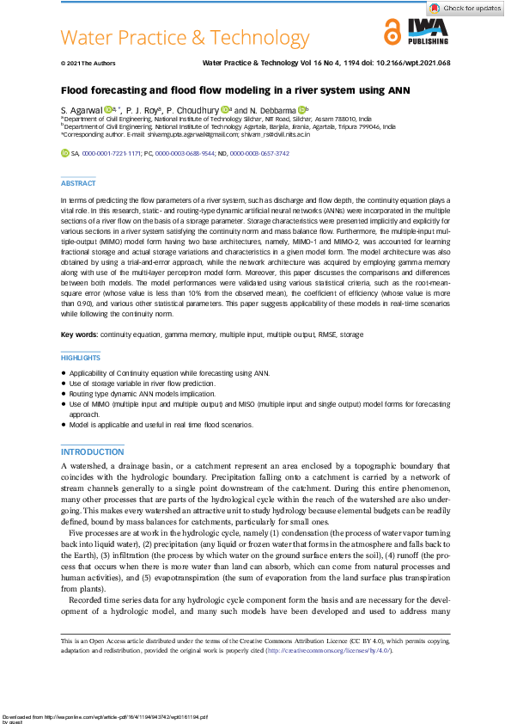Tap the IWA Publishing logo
[428, 33]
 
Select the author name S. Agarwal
[81, 110]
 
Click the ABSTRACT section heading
[78, 183]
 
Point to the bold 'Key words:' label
[79, 334]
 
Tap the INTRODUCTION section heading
[92, 452]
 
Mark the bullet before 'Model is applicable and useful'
[64, 425]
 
